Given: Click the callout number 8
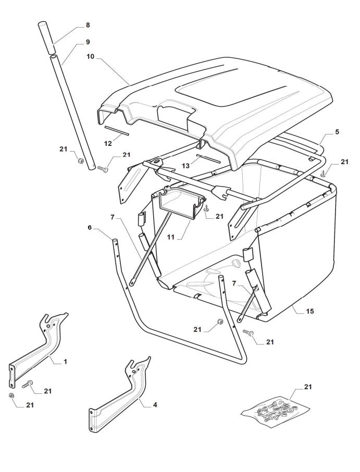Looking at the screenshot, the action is pos(88,26).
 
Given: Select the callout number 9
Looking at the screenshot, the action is pos(88,42).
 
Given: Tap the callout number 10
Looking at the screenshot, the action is pos(91,57).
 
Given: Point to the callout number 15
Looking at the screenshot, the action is pos(310,311).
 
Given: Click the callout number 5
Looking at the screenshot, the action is pos(337,132).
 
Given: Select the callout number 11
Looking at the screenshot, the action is pos(171,237).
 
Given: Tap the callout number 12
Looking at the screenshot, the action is pos(108,144).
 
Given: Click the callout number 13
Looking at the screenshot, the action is pos(186,166).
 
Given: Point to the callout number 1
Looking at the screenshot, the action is pos(65,362).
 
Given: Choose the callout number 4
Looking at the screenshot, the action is pos(155,405).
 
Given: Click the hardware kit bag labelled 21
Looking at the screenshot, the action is pos(276,411).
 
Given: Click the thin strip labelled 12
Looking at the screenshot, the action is pos(117,131).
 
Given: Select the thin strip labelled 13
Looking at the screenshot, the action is pos(208,159).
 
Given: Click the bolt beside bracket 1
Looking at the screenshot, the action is pos(28,384).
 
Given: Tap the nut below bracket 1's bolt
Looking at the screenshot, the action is pos(11,395).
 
